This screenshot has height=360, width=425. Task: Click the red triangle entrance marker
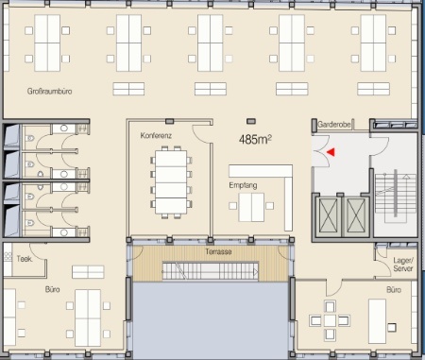331,152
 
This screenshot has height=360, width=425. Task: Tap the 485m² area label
255,139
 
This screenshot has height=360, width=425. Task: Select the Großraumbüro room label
49,92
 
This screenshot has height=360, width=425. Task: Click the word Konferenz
156,136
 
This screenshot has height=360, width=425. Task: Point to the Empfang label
243,185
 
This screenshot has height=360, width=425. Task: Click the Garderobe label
334,125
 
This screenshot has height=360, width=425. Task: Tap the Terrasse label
218,251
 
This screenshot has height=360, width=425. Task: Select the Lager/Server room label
403,265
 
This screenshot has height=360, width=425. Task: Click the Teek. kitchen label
25,259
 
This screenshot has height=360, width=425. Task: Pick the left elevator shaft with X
328,216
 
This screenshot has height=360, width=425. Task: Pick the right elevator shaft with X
356,216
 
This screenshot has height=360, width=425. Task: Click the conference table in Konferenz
171,182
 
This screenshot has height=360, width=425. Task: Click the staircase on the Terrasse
211,271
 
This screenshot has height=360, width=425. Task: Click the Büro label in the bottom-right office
394,290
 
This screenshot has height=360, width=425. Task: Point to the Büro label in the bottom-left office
52,289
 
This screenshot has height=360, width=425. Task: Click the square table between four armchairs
330,320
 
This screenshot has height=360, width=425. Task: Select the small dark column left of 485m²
169,121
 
